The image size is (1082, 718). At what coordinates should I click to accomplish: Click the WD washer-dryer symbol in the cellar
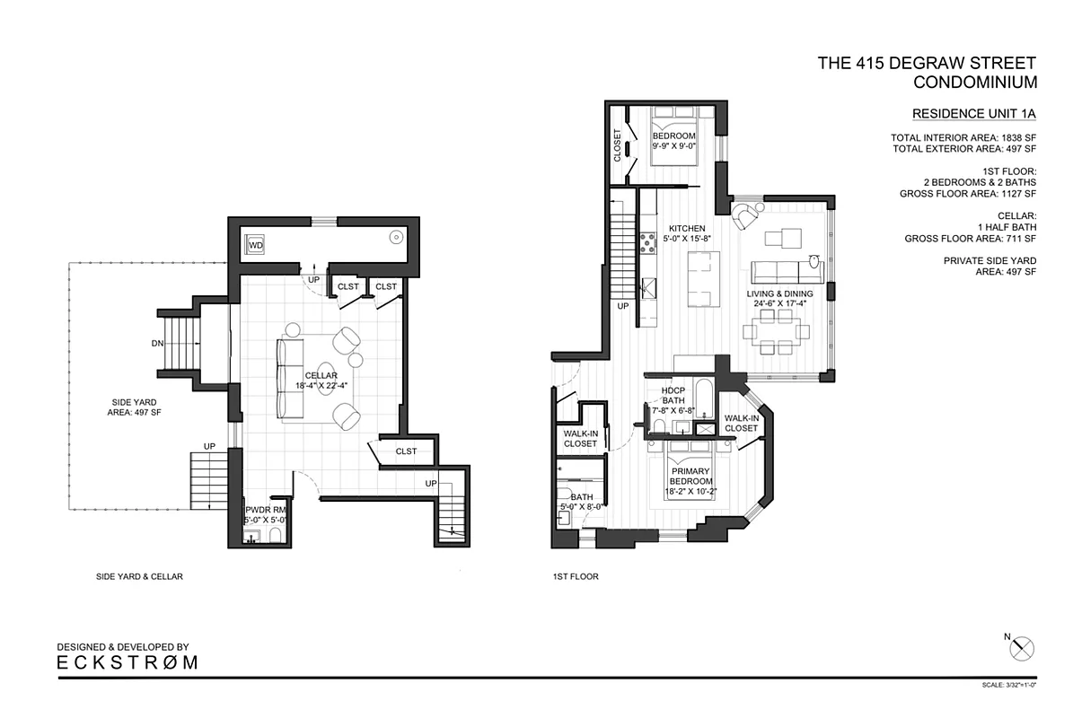(x=256, y=244)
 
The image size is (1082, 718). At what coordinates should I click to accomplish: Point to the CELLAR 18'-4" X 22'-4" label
(x=321, y=381)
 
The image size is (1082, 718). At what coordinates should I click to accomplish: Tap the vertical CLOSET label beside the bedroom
(x=618, y=145)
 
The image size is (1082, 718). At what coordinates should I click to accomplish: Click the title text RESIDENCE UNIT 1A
(x=974, y=114)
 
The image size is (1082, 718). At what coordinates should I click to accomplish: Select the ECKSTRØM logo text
(x=128, y=663)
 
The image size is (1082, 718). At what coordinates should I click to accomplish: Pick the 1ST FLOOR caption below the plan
(x=576, y=577)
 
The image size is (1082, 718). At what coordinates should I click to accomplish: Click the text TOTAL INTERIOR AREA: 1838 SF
(x=963, y=137)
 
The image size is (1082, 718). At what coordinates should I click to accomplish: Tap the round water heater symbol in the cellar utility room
(x=394, y=239)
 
